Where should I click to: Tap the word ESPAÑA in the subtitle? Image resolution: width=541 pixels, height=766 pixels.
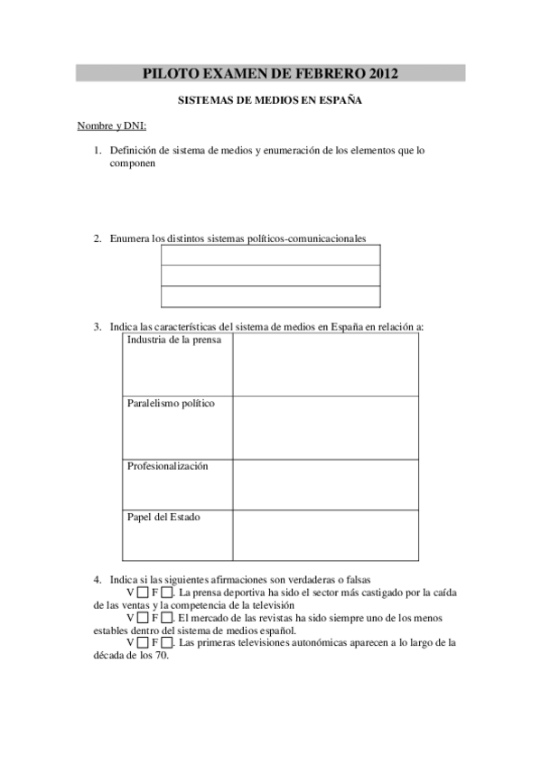pyautogui.click(x=340, y=101)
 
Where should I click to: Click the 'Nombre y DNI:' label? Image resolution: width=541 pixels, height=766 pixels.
pyautogui.click(x=111, y=126)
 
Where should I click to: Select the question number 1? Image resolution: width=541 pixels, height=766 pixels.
pyautogui.click(x=97, y=151)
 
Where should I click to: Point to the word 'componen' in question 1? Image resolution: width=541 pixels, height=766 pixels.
pyautogui.click(x=133, y=165)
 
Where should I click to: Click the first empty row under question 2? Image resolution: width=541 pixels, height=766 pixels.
pyautogui.click(x=270, y=255)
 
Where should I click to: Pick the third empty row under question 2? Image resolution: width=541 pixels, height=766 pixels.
pyautogui.click(x=270, y=297)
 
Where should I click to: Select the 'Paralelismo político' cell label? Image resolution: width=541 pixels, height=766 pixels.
pyautogui.click(x=171, y=404)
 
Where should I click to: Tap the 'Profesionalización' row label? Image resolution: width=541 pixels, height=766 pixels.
pyautogui.click(x=167, y=466)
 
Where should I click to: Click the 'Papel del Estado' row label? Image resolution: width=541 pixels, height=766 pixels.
pyautogui.click(x=163, y=518)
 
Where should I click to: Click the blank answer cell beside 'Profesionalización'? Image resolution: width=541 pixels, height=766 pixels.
pyautogui.click(x=325, y=485)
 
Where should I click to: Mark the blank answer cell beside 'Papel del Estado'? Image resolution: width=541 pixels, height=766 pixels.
pyautogui.click(x=325, y=536)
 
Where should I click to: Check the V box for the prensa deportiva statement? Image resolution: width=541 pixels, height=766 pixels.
pyautogui.click(x=144, y=593)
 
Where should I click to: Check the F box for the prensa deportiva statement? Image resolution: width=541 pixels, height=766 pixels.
pyautogui.click(x=167, y=593)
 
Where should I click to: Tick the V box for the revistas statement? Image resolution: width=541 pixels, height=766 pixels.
pyautogui.click(x=144, y=618)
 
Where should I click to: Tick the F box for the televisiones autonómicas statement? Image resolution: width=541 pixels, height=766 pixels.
pyautogui.click(x=167, y=643)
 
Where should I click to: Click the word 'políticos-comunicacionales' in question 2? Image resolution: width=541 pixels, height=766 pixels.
pyautogui.click(x=307, y=238)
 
